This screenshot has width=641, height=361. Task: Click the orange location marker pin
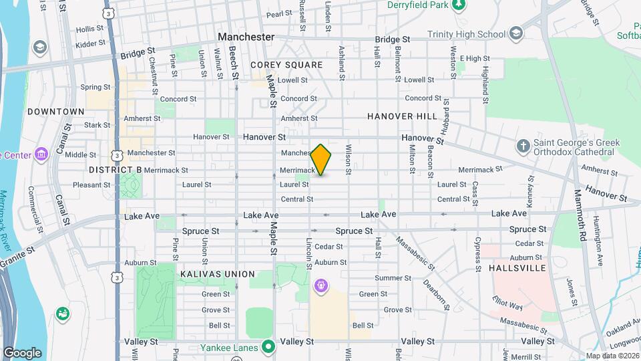coord(321,160)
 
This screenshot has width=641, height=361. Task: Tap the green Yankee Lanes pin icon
coord(268,346)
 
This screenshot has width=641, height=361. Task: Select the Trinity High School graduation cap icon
coord(516,33)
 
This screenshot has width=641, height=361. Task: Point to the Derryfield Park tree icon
coord(459,5)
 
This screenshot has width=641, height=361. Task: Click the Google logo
coord(22,352)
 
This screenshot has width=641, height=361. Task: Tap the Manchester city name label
coord(246,37)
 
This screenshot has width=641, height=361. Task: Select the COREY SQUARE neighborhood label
coord(286,65)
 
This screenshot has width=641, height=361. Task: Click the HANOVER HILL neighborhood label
coord(402,116)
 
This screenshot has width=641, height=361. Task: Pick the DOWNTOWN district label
coord(56,112)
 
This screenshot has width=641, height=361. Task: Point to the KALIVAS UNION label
coord(217,274)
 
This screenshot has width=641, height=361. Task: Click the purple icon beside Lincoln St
coord(321,286)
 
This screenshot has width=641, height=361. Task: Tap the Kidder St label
coord(90,43)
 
